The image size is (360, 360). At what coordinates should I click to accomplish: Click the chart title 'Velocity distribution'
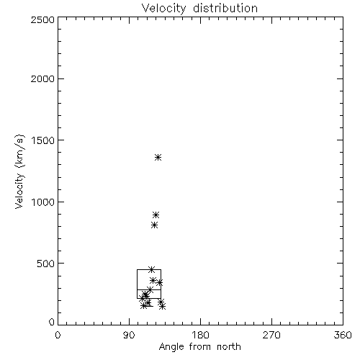199,9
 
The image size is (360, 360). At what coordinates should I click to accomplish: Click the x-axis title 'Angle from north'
200,347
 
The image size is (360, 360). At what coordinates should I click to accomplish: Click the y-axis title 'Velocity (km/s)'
19,171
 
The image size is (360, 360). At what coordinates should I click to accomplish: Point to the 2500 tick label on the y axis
42,19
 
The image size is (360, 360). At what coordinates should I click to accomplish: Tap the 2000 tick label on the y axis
42,78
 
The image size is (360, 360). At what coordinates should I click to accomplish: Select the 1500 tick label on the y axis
43,140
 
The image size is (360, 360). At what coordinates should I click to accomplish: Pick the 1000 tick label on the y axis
43,202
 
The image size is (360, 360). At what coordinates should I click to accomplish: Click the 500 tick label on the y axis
46,264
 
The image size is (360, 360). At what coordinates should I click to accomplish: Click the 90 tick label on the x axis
129,335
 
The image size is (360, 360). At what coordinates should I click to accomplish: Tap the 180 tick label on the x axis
200,335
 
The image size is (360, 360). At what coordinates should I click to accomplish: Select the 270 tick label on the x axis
271,335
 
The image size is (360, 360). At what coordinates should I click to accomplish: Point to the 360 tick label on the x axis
343,335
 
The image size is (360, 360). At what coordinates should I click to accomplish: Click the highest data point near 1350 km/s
158,158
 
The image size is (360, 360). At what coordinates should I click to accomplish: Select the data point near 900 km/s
156,215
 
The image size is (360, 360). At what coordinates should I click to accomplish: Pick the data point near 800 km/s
155,225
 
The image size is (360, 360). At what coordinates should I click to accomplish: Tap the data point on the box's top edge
151,269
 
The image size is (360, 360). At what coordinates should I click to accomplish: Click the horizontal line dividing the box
149,289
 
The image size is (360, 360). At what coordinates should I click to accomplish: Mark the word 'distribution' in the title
225,9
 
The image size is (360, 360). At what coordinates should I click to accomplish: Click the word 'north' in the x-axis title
229,347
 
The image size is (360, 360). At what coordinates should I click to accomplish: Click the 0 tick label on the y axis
52,322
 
